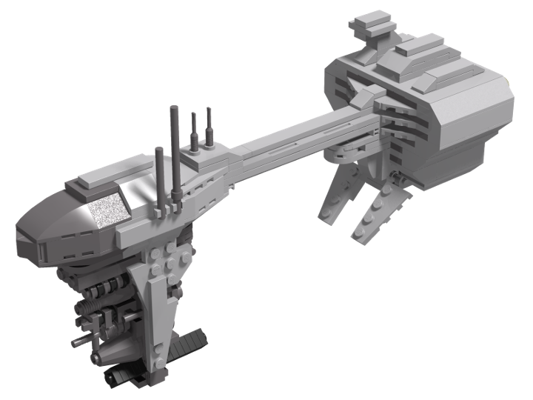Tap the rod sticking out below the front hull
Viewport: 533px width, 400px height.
point(81,341)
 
